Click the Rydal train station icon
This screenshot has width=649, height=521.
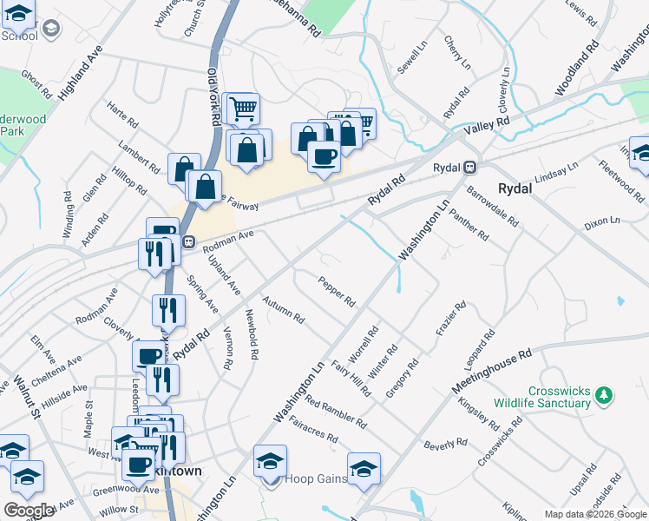click(x=469, y=167)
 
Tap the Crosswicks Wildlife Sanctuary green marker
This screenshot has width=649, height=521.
click(x=605, y=396)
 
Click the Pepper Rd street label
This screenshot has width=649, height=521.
click(x=337, y=292)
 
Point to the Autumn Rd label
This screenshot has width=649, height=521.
click(x=283, y=309)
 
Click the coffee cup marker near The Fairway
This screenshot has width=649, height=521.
click(x=324, y=156)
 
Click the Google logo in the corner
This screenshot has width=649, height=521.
click(x=29, y=511)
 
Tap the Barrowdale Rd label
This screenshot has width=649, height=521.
click(x=492, y=205)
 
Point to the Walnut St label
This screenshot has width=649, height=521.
click(x=27, y=395)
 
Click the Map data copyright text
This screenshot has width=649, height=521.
click(x=595, y=514)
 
